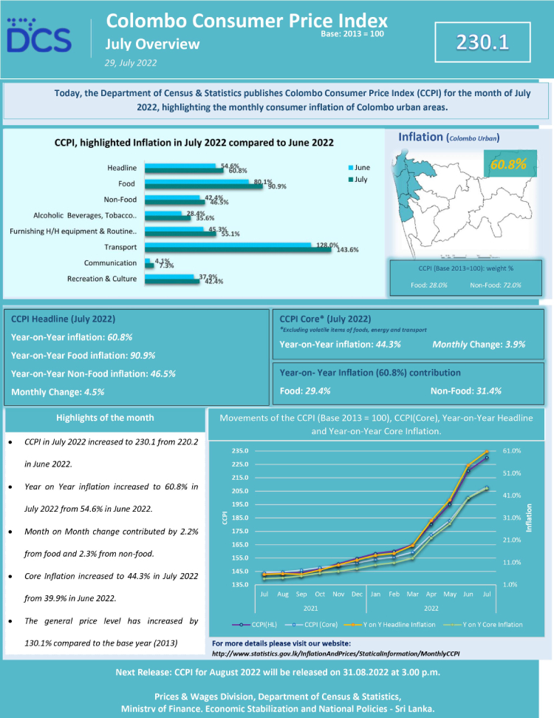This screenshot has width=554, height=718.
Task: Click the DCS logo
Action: click(x=39, y=35)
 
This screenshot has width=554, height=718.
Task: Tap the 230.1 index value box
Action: click(x=482, y=42)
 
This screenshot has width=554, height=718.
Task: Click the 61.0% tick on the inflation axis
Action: click(x=512, y=451)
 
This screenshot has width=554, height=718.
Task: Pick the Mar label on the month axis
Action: click(x=414, y=593)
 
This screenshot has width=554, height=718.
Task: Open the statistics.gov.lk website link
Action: click(x=335, y=653)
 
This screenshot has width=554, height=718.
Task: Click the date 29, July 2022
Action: click(x=131, y=63)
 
